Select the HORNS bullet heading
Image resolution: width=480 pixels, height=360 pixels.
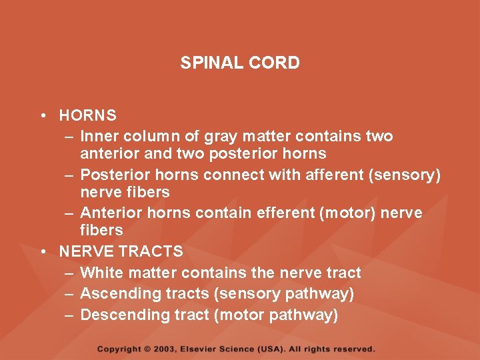87,115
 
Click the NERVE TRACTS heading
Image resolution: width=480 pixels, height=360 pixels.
121,251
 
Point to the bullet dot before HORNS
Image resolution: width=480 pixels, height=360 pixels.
42,115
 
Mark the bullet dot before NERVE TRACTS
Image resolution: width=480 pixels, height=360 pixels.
42,251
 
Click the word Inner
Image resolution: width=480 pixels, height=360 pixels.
98,136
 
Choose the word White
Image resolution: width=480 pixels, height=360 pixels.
100,273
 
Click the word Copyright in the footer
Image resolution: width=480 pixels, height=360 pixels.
119,349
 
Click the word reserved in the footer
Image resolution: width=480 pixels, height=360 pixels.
355,349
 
